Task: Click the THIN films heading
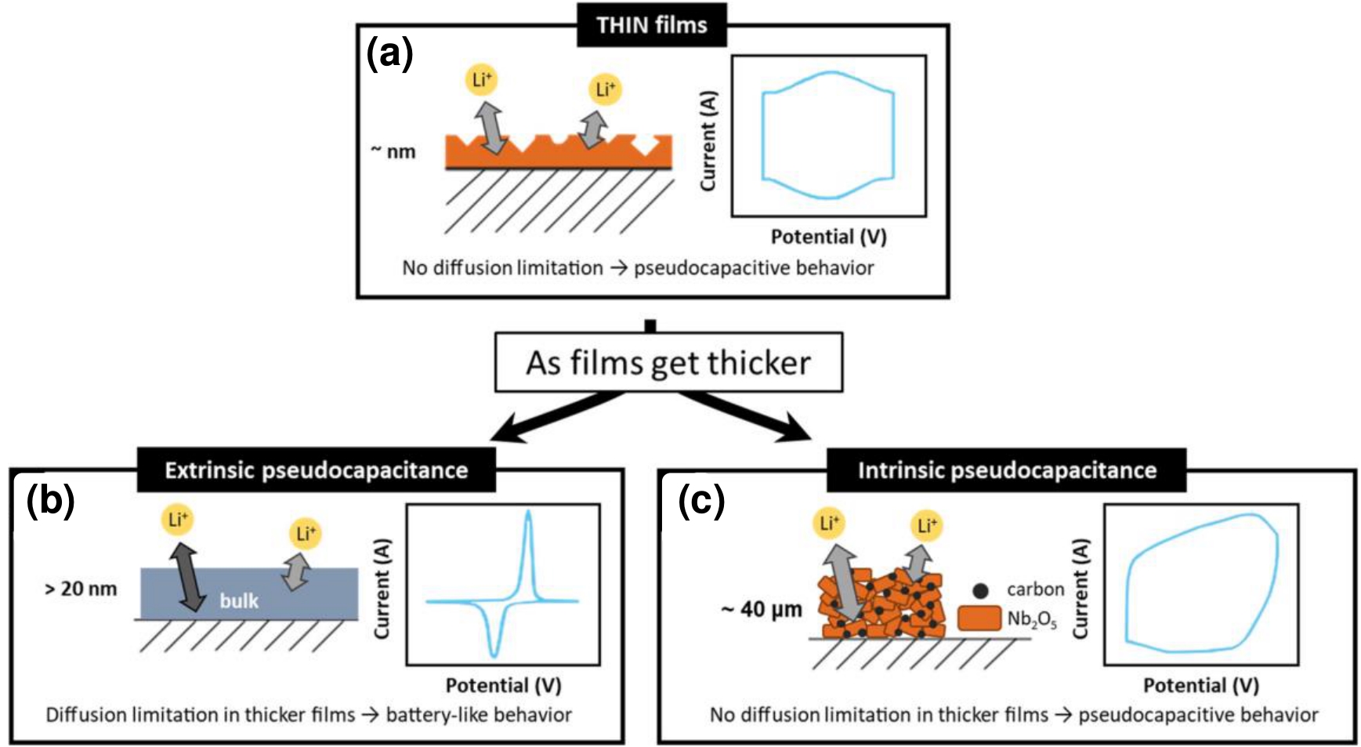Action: [x=651, y=25]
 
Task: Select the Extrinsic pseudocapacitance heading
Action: [x=316, y=470]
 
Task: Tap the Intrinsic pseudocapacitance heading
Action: [x=1007, y=470]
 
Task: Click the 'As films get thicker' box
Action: [x=668, y=363]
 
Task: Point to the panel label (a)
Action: [x=389, y=55]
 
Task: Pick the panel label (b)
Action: [x=50, y=501]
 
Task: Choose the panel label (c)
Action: [x=701, y=501]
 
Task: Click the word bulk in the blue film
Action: [x=239, y=601]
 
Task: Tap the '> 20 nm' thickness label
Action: [x=81, y=589]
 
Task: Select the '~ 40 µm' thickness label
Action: [x=762, y=609]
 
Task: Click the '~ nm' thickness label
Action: [x=394, y=151]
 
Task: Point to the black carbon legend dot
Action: [x=979, y=590]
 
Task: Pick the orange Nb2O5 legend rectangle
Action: [x=979, y=618]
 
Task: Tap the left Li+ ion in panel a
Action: [x=482, y=79]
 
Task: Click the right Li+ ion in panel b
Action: [x=305, y=534]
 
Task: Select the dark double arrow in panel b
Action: [x=187, y=578]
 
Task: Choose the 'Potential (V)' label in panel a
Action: [x=828, y=237]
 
